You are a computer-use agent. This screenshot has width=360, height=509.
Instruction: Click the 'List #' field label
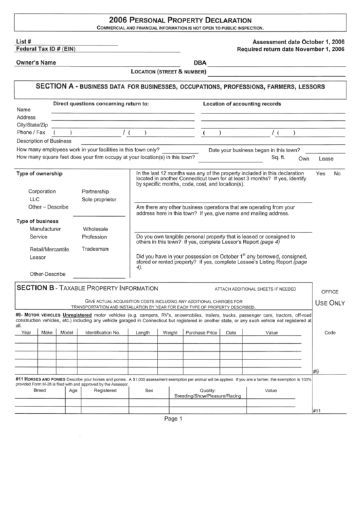click(24, 41)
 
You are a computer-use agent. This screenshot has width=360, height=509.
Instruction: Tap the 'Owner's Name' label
click(36, 63)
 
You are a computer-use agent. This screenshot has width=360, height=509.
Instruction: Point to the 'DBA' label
click(199, 63)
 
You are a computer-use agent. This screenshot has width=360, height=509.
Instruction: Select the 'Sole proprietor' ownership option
click(99, 200)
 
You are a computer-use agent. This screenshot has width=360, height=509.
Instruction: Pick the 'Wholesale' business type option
click(96, 230)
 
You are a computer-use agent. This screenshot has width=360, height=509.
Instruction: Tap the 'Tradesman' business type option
click(96, 249)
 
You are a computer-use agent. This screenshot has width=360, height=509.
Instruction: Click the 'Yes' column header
click(321, 174)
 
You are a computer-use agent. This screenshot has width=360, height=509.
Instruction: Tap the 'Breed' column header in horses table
click(40, 391)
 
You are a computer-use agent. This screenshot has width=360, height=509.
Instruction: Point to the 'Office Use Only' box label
click(329, 297)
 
